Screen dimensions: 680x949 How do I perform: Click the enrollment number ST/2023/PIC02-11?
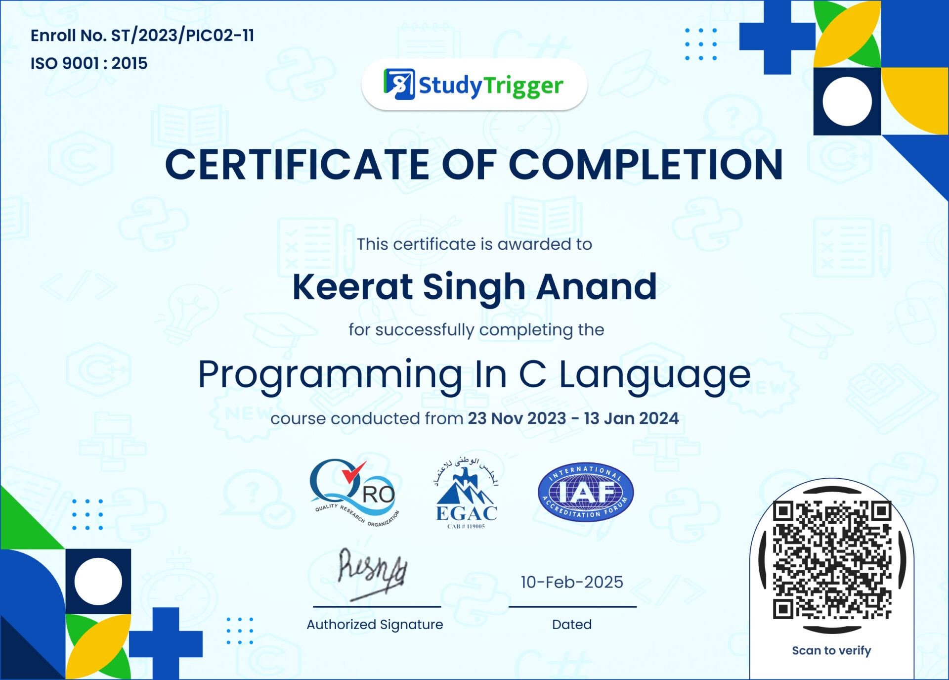pyautogui.click(x=182, y=36)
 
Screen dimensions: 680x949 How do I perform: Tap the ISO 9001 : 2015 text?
pyautogui.click(x=89, y=63)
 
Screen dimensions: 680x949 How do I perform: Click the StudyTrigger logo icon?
pyautogui.click(x=399, y=84)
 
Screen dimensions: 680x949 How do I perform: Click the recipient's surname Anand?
pyautogui.click(x=597, y=287)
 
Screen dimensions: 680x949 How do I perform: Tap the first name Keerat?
pyautogui.click(x=352, y=287)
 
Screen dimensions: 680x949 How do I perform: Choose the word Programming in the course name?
pyautogui.click(x=330, y=374)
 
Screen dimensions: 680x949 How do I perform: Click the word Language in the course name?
pyautogui.click(x=654, y=374)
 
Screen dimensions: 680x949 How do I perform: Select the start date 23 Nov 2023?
pyautogui.click(x=517, y=418)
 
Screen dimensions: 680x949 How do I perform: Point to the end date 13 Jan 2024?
pyautogui.click(x=631, y=418)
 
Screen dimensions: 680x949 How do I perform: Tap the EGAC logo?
pyautogui.click(x=466, y=493)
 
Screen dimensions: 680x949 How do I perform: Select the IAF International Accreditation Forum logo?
pyautogui.click(x=586, y=493)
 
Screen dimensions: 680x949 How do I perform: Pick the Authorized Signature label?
pyautogui.click(x=375, y=625)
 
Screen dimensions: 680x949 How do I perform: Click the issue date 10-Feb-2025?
pyautogui.click(x=572, y=582)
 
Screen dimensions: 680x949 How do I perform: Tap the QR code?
pyautogui.click(x=832, y=559)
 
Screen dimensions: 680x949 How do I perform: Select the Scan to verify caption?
pyautogui.click(x=831, y=650)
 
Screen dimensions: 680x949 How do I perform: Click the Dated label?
pyautogui.click(x=572, y=625)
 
